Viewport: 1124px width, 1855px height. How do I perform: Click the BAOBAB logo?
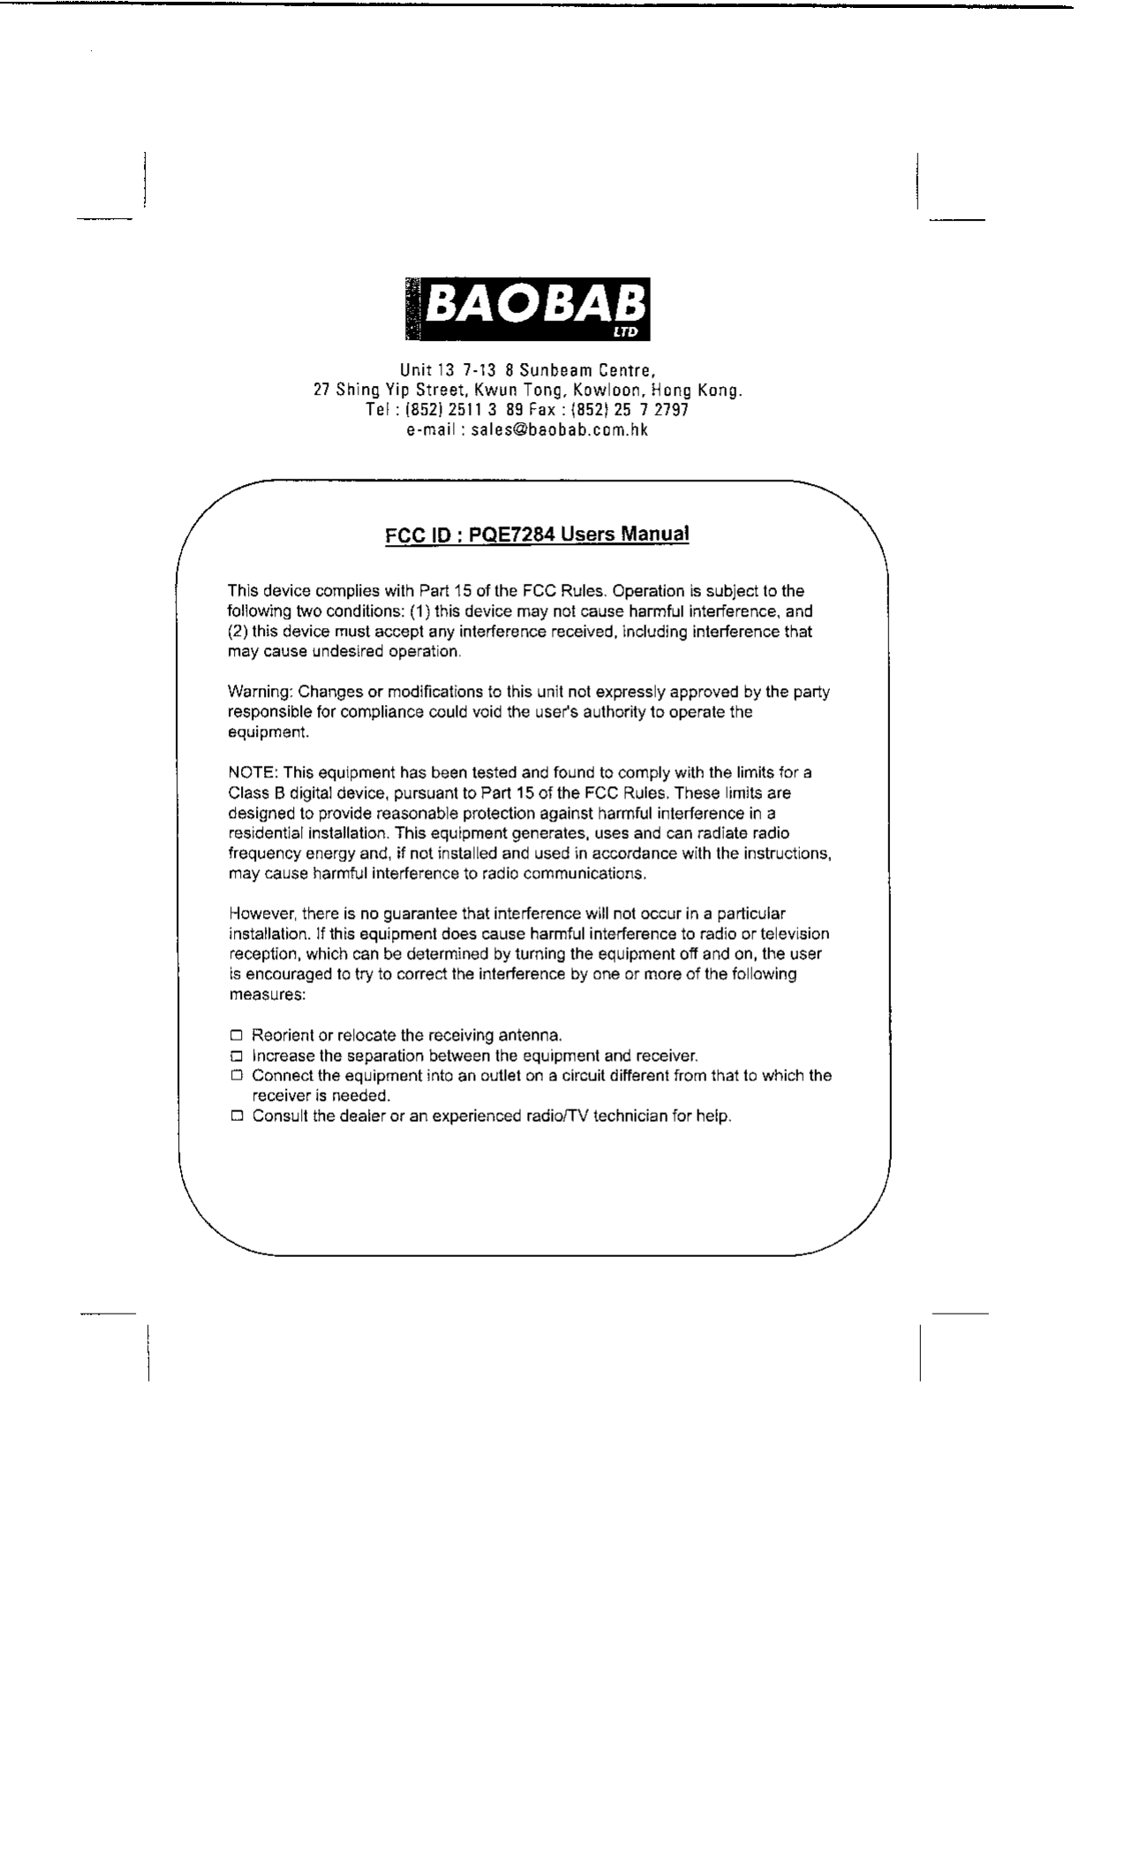point(527,308)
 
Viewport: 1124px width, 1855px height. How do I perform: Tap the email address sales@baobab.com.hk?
point(559,430)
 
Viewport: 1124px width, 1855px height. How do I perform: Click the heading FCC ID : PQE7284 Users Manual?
point(536,534)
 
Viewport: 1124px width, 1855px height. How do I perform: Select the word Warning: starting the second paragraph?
point(260,692)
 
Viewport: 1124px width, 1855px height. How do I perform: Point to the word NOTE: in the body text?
point(253,773)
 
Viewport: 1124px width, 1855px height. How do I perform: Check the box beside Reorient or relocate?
point(236,1035)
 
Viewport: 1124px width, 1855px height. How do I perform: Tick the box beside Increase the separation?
point(236,1056)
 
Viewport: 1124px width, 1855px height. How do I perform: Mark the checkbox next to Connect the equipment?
point(236,1076)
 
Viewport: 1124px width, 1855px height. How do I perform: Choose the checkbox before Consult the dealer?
point(236,1117)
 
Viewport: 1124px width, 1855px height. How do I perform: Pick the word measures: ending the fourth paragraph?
point(268,995)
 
